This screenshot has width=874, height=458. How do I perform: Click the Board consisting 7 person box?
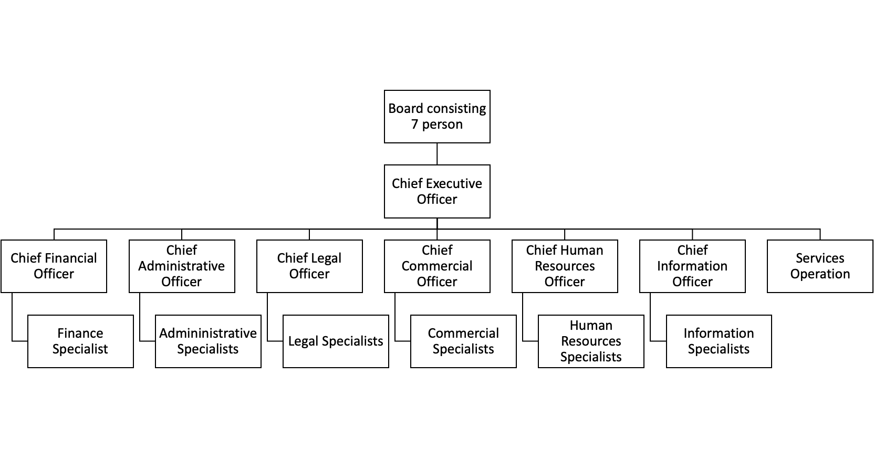click(437, 116)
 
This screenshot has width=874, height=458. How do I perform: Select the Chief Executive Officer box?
click(437, 191)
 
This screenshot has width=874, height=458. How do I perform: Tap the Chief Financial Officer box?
click(54, 266)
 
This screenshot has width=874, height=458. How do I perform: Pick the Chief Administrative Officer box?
click(182, 266)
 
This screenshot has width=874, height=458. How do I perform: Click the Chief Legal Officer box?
click(309, 266)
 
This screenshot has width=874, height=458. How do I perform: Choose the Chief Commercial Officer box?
click(437, 266)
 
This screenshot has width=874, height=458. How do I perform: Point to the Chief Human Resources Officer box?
click(565, 266)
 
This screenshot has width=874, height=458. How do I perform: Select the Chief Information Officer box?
click(692, 266)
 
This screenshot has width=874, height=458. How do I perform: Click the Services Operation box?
click(820, 266)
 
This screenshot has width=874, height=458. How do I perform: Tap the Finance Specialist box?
click(80, 341)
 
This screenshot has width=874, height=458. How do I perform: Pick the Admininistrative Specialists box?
click(208, 341)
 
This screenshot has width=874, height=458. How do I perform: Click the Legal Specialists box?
click(336, 341)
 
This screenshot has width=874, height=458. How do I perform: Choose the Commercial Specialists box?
click(463, 341)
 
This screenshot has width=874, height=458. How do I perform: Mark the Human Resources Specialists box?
click(591, 341)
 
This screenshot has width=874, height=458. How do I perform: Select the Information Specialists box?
click(719, 341)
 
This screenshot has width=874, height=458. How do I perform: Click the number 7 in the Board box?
click(415, 124)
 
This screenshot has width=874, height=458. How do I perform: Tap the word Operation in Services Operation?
click(820, 274)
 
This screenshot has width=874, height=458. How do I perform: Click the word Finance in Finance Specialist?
click(80, 334)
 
